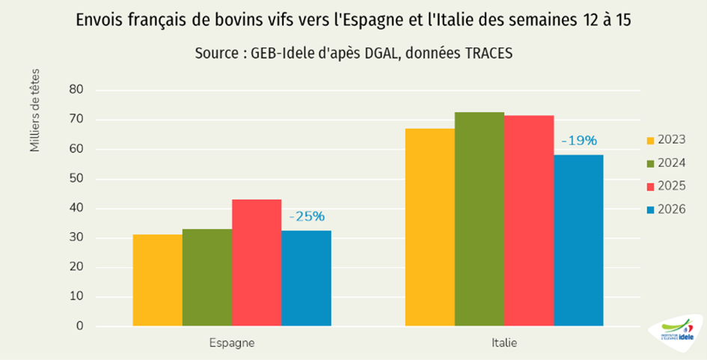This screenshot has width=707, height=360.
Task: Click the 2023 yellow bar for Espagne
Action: [x=157, y=281]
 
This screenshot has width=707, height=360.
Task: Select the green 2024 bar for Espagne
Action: [x=206, y=278]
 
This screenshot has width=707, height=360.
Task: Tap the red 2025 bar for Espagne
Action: [x=257, y=263]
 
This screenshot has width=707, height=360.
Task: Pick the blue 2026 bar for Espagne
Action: [x=306, y=278]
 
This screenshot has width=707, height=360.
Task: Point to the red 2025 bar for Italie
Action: [x=529, y=221]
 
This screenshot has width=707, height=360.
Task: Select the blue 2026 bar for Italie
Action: [x=578, y=240]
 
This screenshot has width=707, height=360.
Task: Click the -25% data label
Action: [x=307, y=217]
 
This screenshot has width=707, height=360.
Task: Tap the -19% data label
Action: [x=579, y=141]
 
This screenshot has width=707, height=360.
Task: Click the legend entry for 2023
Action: [x=665, y=140]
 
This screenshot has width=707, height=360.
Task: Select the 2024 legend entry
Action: [x=665, y=163]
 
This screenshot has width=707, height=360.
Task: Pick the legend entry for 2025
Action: [x=665, y=186]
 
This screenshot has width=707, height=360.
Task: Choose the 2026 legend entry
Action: [x=665, y=208]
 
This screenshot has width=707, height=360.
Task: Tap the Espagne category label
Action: [x=231, y=344]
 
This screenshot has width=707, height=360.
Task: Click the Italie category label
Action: [x=504, y=344]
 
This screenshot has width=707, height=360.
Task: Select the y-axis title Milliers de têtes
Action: [x=35, y=110]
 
